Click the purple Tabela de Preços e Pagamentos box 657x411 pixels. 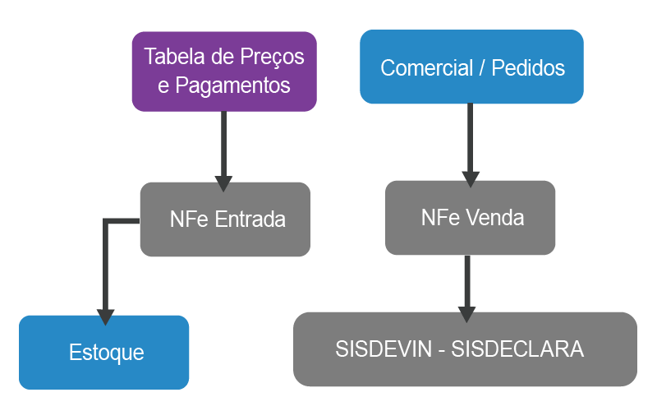pos(223,72)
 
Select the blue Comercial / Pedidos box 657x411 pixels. pos(471,67)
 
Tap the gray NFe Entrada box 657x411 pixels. pos(224,219)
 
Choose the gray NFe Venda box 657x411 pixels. pos(470,218)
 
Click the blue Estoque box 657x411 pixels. pos(104,353)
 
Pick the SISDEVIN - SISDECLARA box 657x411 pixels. pos(465,349)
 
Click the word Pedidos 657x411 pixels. pos(528,68)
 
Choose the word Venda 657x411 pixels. pos(497,218)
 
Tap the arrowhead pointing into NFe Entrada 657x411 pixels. pos(223,182)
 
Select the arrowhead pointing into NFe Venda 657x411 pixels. pos(471,179)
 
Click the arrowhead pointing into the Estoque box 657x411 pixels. pos(105,316)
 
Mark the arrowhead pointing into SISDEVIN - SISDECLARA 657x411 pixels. pos(466,313)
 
